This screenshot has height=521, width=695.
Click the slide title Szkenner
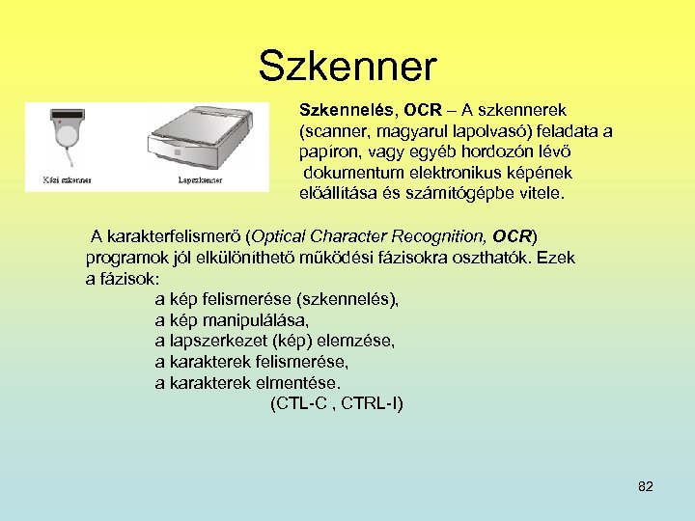[347, 67]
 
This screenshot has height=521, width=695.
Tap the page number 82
[646, 486]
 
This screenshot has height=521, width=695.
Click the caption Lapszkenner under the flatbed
[200, 179]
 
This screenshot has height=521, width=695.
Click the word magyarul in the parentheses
[406, 130]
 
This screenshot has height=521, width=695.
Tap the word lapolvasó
[479, 130]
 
